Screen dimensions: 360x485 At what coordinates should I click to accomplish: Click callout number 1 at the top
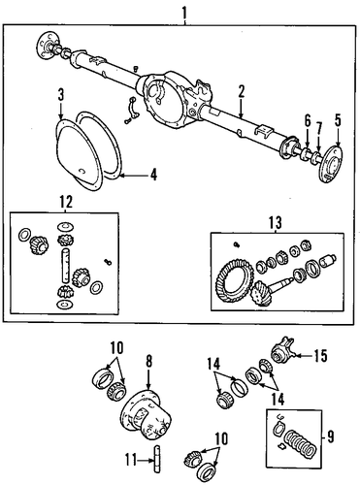coord(184,13)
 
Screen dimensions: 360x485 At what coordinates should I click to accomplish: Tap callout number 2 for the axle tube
coord(242,91)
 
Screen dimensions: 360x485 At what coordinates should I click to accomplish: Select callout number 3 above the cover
coord(61,95)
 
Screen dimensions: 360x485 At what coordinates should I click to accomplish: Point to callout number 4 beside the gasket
coord(153,175)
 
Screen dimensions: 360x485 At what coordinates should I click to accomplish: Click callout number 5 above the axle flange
coord(338,120)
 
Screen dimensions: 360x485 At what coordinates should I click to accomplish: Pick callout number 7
coord(319,129)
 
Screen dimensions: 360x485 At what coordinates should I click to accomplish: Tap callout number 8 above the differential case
coord(148,363)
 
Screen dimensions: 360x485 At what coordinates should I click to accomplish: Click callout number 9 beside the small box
coord(330,437)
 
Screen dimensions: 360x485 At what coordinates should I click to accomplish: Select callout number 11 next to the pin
coord(131,461)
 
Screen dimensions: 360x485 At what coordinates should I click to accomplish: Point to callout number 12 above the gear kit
coord(66,202)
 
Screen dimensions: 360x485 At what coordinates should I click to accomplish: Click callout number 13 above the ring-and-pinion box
coord(276,222)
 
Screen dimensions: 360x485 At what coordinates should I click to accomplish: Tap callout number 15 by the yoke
coord(319,356)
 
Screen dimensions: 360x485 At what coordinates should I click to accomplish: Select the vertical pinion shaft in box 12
coord(65,265)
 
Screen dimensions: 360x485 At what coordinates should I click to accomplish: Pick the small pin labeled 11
coord(156,459)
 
